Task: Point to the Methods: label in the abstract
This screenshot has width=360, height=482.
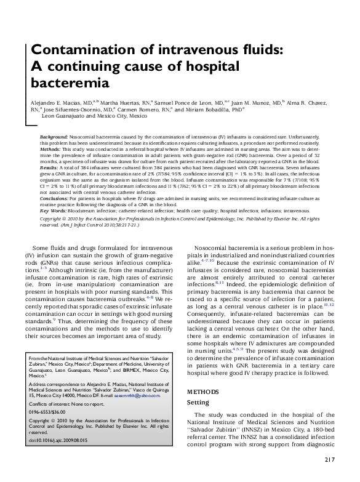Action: [x=50, y=149]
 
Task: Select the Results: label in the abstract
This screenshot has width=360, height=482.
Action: [x=49, y=168]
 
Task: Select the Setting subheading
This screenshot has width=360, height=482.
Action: [x=198, y=401]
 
